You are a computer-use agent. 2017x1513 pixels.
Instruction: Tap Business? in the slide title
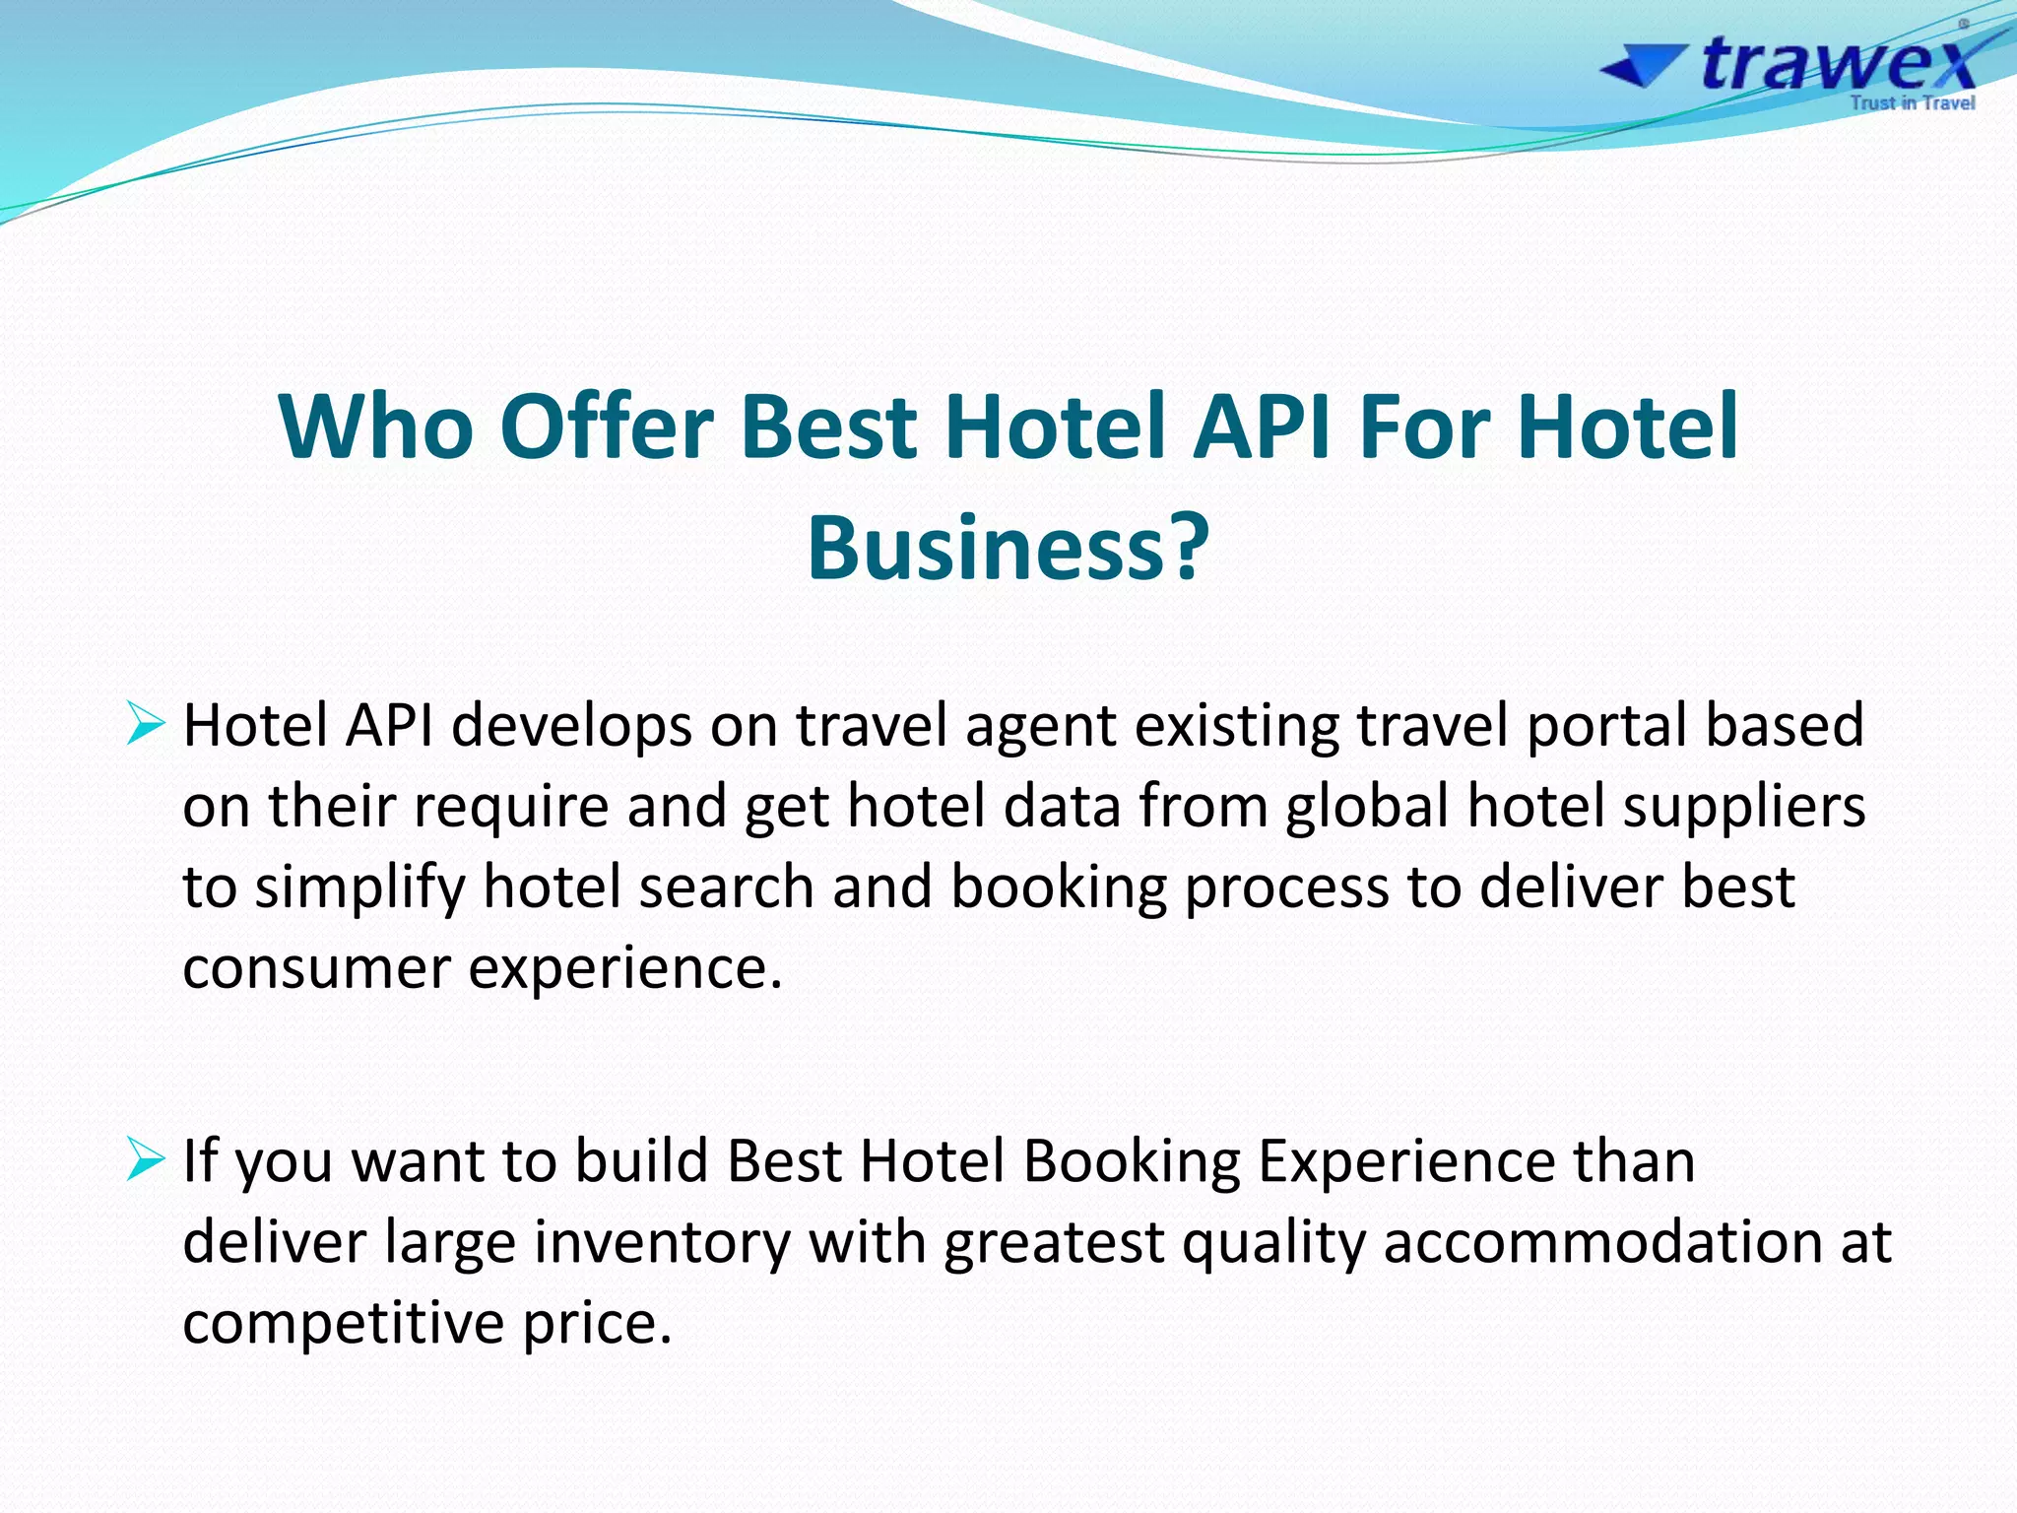coord(1008,548)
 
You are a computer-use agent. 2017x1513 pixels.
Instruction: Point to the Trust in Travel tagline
coord(1912,103)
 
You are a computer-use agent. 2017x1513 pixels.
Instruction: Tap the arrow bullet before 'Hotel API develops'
coord(146,727)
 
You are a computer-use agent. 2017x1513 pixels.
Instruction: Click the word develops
coord(572,726)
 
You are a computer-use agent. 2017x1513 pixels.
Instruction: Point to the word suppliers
coord(1743,807)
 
